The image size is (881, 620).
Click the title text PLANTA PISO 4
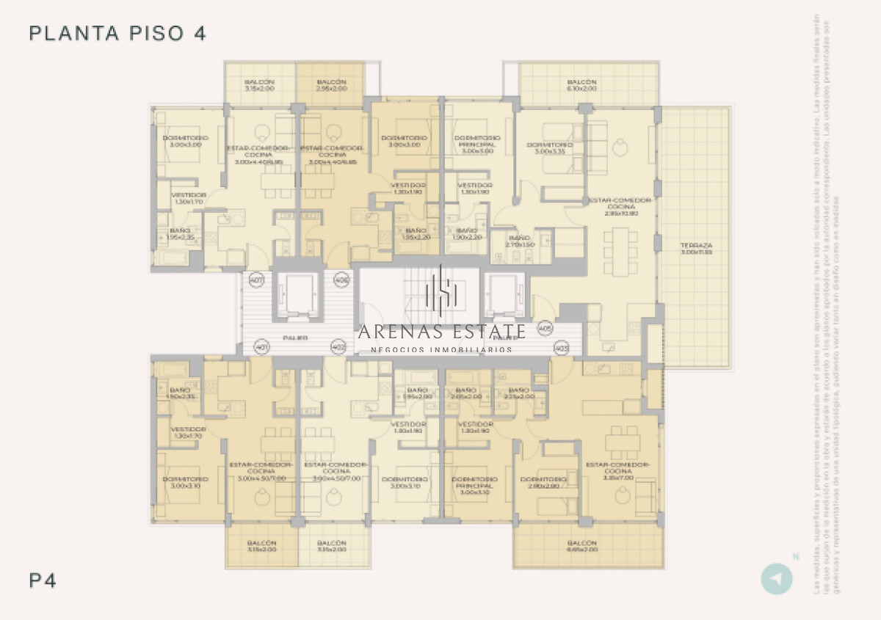pyautogui.click(x=117, y=33)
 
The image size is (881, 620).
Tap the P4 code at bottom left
pyautogui.click(x=43, y=580)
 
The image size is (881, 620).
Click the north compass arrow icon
pyautogui.click(x=776, y=578)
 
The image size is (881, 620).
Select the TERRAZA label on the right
pyautogui.click(x=696, y=249)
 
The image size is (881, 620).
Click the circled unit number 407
pyautogui.click(x=256, y=280)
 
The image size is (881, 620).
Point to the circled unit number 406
pyautogui.click(x=341, y=280)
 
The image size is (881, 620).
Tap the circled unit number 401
pyautogui.click(x=261, y=346)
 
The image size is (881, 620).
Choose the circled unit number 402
pyautogui.click(x=338, y=346)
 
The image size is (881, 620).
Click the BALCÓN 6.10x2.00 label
pyautogui.click(x=581, y=85)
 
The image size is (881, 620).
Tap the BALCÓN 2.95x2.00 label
pyautogui.click(x=332, y=85)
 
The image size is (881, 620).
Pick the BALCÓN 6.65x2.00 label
pyautogui.click(x=581, y=546)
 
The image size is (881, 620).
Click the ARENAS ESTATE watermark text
pyautogui.click(x=441, y=332)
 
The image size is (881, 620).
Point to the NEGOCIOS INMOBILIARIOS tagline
pyautogui.click(x=441, y=350)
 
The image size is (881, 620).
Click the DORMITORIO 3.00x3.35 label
pyautogui.click(x=549, y=148)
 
